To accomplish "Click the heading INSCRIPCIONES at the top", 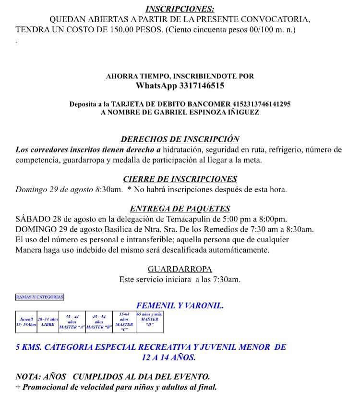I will tap(180, 9).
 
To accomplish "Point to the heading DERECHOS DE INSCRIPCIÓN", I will tap(180, 139).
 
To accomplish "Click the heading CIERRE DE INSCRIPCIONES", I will tap(180, 179).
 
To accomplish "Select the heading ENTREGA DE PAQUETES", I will tap(180, 209).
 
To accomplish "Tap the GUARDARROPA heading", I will tap(180, 269).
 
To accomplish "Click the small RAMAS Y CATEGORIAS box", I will tap(40, 297).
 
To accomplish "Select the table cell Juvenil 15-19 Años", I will tap(26, 322).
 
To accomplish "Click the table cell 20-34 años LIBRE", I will tap(48, 322).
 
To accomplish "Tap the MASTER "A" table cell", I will tap(72, 322).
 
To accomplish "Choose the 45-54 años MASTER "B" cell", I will tap(99, 322).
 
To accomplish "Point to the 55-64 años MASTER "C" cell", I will tap(124, 322).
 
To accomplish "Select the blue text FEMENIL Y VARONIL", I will tap(180, 305).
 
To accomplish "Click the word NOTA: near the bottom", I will tap(28, 377).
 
